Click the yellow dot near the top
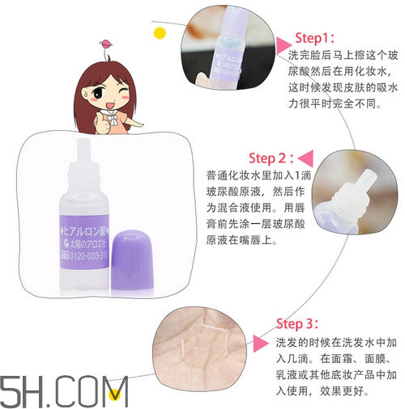tap(160, 33)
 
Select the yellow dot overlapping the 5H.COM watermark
tap(119, 394)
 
